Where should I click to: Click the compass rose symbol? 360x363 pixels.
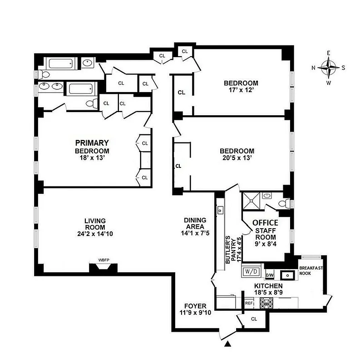(328, 68)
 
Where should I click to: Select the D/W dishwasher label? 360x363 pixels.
(270, 275)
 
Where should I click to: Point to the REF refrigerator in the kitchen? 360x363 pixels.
(249, 303)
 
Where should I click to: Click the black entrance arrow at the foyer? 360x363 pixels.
(229, 345)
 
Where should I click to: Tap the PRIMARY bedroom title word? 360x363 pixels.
(93, 142)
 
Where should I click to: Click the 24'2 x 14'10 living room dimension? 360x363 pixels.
(95, 234)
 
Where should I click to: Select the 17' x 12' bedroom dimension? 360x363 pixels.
(241, 90)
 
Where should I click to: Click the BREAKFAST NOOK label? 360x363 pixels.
(311, 271)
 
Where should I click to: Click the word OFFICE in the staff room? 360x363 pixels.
(265, 223)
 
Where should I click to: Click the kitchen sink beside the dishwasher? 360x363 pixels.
(287, 275)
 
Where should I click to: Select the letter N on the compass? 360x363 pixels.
(314, 68)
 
